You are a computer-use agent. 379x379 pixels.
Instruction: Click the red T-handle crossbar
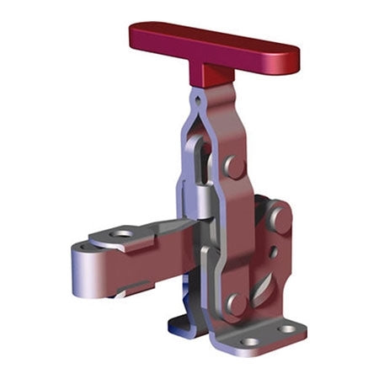coord(214,46)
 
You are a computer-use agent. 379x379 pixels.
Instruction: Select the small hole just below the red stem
coord(199,99)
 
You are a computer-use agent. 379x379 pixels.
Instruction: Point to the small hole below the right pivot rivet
coord(273,252)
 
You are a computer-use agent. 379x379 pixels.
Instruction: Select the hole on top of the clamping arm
coord(122,233)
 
